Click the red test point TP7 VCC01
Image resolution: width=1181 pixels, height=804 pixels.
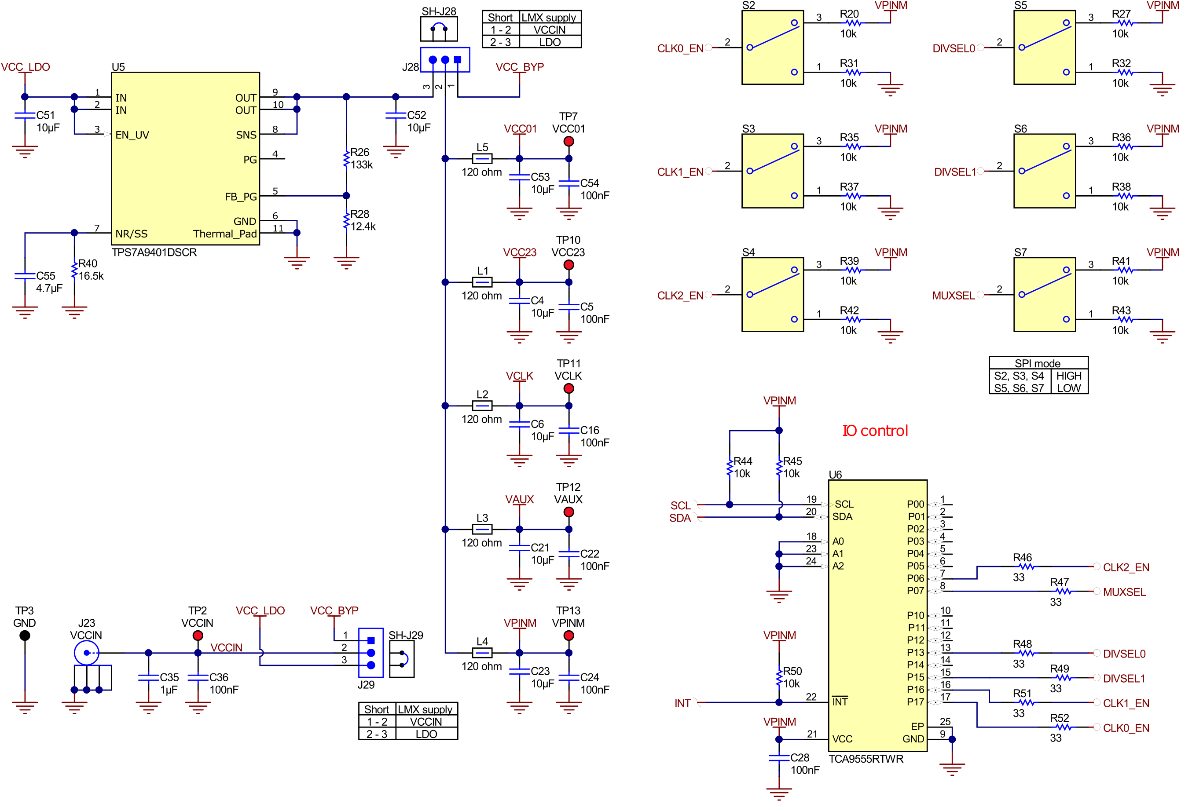pos(568,141)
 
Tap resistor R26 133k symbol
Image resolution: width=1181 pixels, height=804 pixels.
pos(346,158)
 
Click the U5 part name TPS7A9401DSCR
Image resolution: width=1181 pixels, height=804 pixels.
pos(154,252)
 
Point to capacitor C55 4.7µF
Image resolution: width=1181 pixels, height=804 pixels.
pos(24,276)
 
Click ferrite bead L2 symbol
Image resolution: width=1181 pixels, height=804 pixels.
pos(482,406)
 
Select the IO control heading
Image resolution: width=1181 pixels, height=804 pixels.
pos(875,431)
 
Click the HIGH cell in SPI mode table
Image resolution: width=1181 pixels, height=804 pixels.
pos(1069,376)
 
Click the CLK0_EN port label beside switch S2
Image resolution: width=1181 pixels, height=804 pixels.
pos(680,49)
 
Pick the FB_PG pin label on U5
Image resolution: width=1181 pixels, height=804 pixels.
pos(241,197)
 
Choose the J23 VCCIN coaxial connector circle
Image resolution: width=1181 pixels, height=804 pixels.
pos(86,653)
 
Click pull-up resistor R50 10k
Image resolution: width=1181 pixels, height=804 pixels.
pos(778,677)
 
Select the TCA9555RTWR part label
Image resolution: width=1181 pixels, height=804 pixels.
pos(866,759)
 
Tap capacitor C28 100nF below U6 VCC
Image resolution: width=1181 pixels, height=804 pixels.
pos(778,758)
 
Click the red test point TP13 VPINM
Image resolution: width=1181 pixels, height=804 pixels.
pos(568,636)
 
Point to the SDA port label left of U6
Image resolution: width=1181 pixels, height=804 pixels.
pos(680,518)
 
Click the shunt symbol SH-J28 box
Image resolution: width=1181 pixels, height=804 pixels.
pos(439,29)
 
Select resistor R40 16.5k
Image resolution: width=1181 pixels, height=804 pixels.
pos(74,270)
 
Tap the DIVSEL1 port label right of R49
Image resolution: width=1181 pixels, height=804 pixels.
pos(1124,679)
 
